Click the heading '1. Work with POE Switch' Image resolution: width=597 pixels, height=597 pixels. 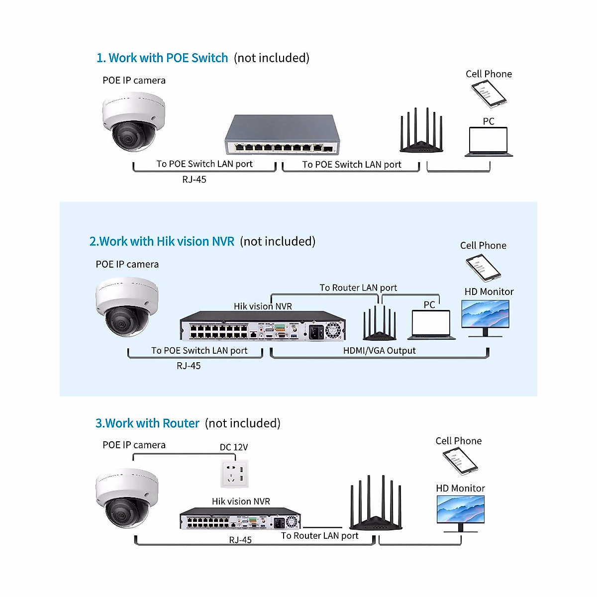point(162,58)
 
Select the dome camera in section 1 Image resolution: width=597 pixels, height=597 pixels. point(133,122)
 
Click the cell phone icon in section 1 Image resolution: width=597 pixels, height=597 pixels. point(489,94)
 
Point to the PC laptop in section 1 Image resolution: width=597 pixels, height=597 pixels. point(489,142)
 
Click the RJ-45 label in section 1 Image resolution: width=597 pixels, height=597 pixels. point(194,180)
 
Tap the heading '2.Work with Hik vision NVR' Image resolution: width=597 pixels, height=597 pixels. point(162,242)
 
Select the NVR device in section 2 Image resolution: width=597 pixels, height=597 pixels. point(263,326)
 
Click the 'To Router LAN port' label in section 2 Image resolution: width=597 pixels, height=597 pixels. point(358,288)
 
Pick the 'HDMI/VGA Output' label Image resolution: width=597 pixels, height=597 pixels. point(379,351)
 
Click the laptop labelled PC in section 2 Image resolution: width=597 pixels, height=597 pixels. point(431,325)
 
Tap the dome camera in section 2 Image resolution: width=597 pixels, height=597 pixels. point(127,306)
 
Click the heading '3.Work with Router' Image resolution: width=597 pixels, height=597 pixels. point(147,423)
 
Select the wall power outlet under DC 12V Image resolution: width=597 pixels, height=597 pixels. point(234,474)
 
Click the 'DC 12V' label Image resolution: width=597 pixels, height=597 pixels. point(234,447)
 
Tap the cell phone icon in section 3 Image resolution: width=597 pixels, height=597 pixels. point(460,461)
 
